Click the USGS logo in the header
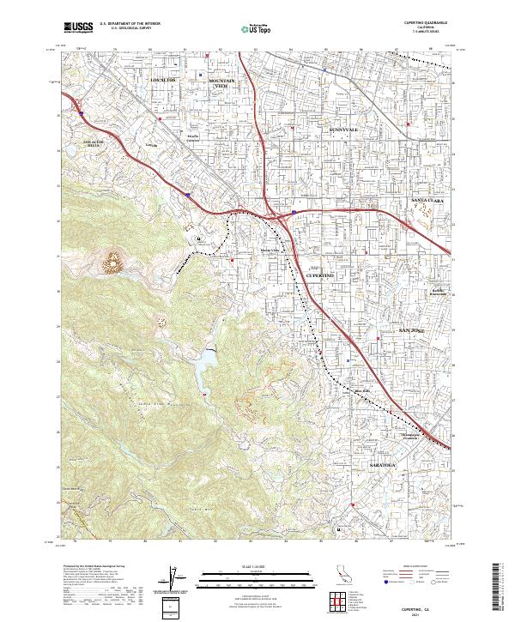[x=77, y=27]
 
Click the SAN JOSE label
[x=418, y=330]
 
